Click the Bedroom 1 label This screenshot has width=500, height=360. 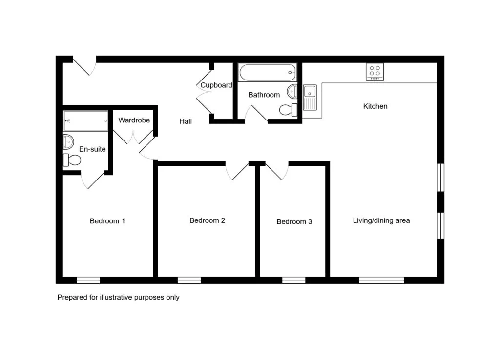[107, 221]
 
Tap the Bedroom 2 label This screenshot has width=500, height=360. [207, 220]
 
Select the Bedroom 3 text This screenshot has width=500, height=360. [294, 222]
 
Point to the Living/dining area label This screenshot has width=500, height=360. [381, 220]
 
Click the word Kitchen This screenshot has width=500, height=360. [375, 106]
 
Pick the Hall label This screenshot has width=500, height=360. [185, 121]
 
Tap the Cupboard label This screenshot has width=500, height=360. [216, 85]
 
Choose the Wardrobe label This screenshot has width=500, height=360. [134, 120]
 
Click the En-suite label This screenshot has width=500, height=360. [92, 149]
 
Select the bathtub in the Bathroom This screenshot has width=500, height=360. [268, 73]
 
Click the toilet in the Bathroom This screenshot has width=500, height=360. [288, 110]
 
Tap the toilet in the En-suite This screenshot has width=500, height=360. [72, 160]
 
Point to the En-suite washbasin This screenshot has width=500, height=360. [68, 141]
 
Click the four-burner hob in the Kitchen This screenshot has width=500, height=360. [375, 72]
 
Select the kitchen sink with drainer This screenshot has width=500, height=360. [310, 98]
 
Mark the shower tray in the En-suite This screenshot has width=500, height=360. [86, 121]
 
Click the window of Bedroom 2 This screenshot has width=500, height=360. [189, 280]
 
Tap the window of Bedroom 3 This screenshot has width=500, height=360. [293, 280]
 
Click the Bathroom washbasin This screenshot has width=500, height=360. [292, 92]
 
